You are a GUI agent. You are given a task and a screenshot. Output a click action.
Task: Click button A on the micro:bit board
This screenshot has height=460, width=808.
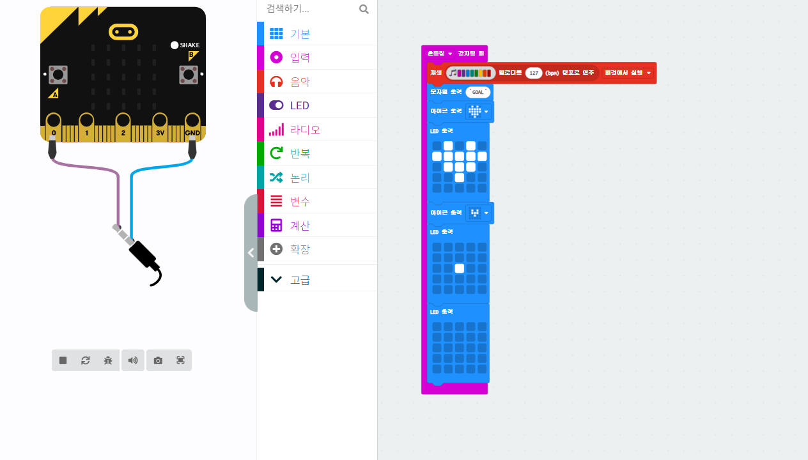point(58,75)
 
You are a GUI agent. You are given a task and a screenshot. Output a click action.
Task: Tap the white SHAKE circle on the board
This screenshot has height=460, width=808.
point(175,45)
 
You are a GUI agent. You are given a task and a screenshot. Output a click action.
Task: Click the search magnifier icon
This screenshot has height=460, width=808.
point(364,9)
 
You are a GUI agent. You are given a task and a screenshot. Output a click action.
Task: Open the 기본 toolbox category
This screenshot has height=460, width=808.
point(300,34)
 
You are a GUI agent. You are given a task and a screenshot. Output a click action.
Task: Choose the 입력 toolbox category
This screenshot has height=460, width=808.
point(300,57)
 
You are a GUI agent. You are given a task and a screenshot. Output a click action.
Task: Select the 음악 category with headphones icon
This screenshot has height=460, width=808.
point(300,82)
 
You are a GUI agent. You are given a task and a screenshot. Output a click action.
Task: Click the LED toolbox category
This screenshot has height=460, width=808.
point(299,105)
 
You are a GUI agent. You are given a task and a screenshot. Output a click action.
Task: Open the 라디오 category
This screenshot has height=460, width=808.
point(304,130)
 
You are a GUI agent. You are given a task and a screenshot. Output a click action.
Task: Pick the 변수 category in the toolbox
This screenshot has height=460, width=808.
point(300,201)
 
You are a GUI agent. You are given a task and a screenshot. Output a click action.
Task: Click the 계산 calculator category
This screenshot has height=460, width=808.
point(300,226)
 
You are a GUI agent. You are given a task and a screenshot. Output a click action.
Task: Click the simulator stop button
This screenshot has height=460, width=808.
point(63,360)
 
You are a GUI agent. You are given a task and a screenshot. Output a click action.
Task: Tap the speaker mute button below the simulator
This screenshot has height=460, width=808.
point(132,360)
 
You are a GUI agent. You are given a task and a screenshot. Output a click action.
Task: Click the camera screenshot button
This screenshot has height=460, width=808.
point(158,360)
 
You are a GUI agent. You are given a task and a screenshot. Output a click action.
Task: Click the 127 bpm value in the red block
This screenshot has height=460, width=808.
point(534,73)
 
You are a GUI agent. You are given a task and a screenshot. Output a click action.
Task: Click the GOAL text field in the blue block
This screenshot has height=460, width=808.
point(478,92)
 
